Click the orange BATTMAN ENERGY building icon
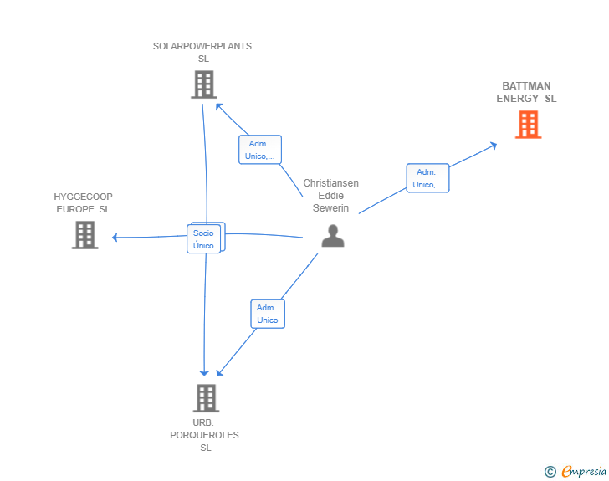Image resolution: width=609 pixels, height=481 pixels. [528, 125]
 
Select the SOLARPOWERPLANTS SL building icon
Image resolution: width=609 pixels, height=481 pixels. [204, 84]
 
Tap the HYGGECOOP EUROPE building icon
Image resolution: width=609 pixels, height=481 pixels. [85, 235]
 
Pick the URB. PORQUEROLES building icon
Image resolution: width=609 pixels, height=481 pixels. [207, 398]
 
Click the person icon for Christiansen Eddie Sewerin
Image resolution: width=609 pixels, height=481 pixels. [333, 236]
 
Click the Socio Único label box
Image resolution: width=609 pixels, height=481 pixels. [204, 239]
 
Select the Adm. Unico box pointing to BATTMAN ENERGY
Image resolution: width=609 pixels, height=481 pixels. [427, 178]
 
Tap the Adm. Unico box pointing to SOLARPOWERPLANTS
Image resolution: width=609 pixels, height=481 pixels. [260, 150]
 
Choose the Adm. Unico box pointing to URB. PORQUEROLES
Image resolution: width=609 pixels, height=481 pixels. [268, 314]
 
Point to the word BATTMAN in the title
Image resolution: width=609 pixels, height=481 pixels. [526, 86]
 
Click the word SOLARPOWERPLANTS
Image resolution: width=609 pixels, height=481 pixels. [202, 46]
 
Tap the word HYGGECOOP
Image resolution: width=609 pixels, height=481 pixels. [83, 197]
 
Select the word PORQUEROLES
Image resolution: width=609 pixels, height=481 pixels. [204, 435]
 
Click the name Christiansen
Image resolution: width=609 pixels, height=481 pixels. [331, 183]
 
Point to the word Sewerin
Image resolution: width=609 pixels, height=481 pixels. [331, 208]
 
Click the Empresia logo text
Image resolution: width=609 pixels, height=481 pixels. [584, 471]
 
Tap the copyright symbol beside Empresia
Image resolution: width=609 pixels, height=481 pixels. [550, 472]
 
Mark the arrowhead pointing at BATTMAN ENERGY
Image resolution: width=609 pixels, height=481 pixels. [494, 146]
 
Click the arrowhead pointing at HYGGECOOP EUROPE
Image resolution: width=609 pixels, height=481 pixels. [115, 238]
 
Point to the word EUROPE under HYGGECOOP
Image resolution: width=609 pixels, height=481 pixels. [75, 209]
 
